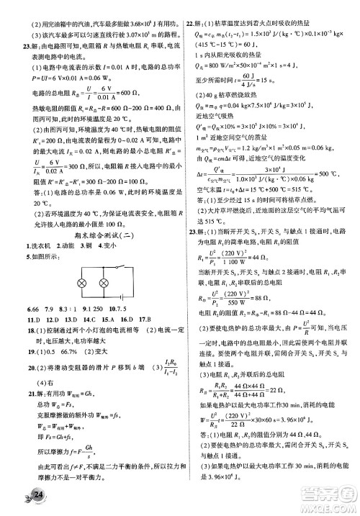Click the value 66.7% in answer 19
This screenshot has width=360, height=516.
point(63,350)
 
